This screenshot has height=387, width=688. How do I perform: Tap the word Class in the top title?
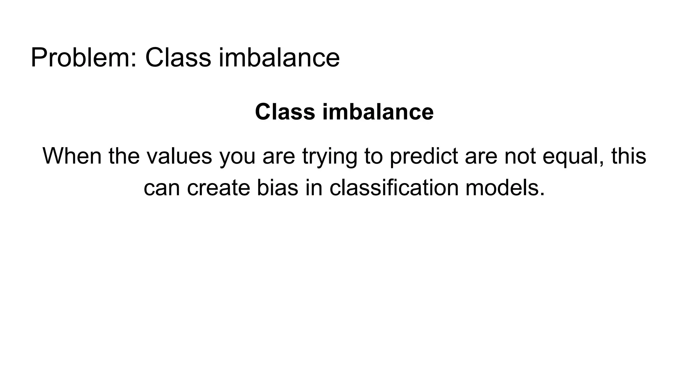tap(178, 58)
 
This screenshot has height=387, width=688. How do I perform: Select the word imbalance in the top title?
tap(279, 58)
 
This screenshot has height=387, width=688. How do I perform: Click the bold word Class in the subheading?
tap(285, 112)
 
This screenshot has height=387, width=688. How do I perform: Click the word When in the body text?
tap(72, 156)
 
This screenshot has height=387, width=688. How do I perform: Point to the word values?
tap(179, 156)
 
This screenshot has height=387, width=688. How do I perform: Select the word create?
tap(218, 187)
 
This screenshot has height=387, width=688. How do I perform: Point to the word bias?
tap(277, 187)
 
